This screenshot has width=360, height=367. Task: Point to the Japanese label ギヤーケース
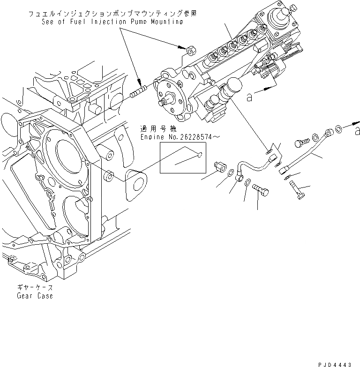pyautogui.click(x=36, y=288)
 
